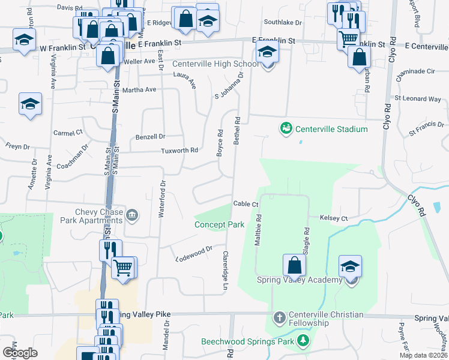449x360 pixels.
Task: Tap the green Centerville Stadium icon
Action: click(x=286, y=128)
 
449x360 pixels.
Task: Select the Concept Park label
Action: click(x=219, y=225)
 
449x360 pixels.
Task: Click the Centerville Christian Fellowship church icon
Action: click(x=279, y=316)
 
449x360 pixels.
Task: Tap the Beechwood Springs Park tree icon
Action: click(x=303, y=341)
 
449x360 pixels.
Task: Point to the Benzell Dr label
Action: click(x=150, y=137)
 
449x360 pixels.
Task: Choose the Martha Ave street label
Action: click(x=139, y=90)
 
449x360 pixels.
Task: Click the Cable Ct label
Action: click(x=246, y=204)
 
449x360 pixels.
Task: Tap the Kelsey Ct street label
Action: click(x=334, y=218)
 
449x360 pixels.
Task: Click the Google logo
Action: click(x=20, y=353)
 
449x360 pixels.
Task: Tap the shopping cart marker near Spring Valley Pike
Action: click(x=124, y=267)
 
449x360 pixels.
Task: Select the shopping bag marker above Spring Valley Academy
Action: click(x=294, y=265)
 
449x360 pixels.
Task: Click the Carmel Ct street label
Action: click(x=67, y=133)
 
